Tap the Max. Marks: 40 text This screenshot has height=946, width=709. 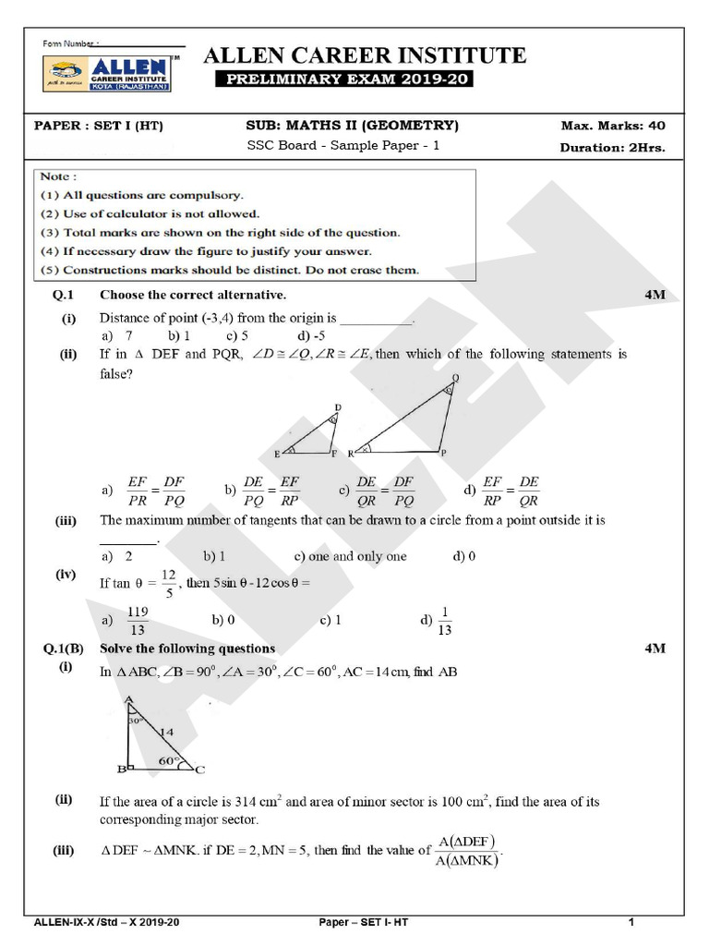tap(612, 126)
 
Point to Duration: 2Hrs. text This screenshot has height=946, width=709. tap(612, 147)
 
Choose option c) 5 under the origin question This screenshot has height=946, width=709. tap(238, 336)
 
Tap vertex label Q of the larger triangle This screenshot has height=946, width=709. tap(455, 378)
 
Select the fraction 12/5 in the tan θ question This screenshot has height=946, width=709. tap(168, 584)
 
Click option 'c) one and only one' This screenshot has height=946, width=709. tap(350, 556)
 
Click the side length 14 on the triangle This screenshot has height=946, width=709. tap(167, 732)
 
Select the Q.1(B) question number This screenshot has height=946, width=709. tap(64, 649)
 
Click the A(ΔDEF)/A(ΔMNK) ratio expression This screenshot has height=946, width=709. tap(469, 850)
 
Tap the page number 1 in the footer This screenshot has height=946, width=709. tap(631, 922)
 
